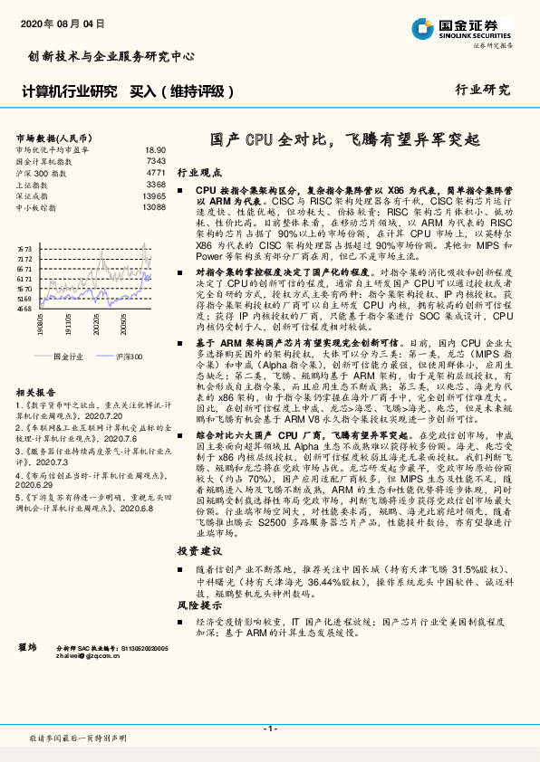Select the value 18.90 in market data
(155, 149)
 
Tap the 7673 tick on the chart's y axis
(24, 246)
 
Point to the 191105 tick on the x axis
(70, 324)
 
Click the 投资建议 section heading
(198, 550)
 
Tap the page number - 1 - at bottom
(269, 729)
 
